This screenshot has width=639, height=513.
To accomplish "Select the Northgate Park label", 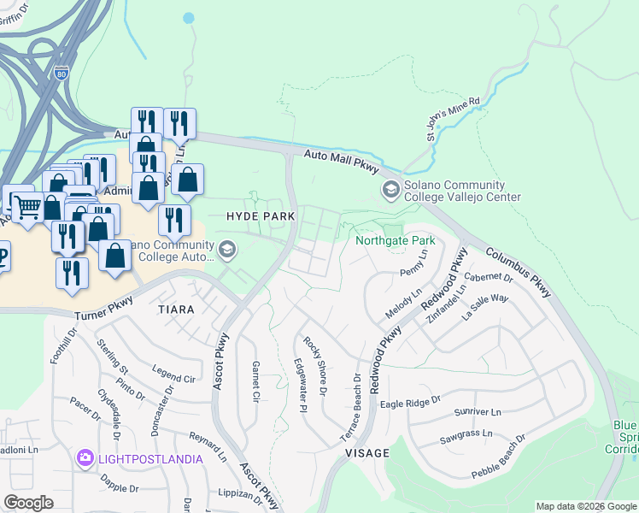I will coord(396,240).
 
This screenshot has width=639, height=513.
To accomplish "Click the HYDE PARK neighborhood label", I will coord(261,216).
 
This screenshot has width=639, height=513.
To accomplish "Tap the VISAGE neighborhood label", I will coord(368,452).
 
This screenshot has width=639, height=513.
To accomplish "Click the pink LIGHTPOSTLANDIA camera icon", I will coord(85,459).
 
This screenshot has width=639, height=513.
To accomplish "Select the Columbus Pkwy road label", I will coord(520,274).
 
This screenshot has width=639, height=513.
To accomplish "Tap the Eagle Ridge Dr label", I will coord(410,401).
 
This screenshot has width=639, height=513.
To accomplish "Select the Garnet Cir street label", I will coord(255,381).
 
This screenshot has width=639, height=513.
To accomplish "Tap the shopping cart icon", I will coord(27,204).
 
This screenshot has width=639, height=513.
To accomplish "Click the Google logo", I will coord(28,503).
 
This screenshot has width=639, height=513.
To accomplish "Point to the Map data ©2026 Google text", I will coord(585,506).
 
